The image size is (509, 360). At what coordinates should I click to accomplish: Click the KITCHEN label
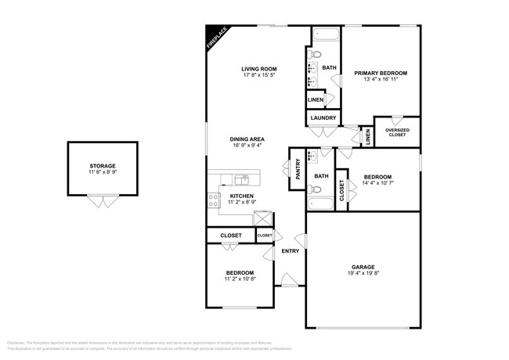pos(241,196)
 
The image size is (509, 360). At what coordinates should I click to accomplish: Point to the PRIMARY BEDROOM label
pos(381,73)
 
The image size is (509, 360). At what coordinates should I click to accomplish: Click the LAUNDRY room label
pos(323,118)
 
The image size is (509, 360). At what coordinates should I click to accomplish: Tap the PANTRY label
pos(298,169)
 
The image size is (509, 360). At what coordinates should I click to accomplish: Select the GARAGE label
pos(363,267)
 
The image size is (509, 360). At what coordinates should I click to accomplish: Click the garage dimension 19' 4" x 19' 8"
pos(363,275)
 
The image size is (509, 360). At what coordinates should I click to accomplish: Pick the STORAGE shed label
pos(102,166)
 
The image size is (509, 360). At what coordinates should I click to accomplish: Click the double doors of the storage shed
pos(99,202)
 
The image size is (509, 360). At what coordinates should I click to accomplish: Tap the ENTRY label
pos(290,251)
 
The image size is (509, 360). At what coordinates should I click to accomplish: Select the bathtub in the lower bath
pos(321,205)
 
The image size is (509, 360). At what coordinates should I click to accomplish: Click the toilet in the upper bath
pos(313,55)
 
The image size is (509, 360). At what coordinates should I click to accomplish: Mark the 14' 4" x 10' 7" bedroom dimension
pos(379,185)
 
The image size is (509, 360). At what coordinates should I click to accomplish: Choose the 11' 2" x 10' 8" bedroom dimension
pos(240,279)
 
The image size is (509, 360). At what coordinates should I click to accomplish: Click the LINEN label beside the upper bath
pos(315,100)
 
